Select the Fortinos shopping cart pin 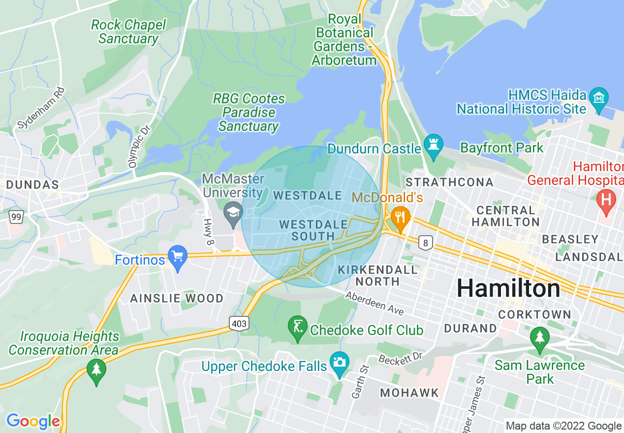tap(177, 257)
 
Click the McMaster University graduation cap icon tap(233, 214)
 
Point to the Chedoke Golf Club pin tap(298, 328)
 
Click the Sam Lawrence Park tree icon tap(540, 339)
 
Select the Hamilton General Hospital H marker tap(606, 201)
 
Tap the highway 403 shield tap(238, 323)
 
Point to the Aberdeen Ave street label tap(374, 304)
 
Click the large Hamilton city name tap(508, 288)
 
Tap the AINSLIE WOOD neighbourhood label tap(177, 298)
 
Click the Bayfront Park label tap(501, 148)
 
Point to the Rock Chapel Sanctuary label tap(128, 31)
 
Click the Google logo tap(33, 421)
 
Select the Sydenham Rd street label tap(41, 108)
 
